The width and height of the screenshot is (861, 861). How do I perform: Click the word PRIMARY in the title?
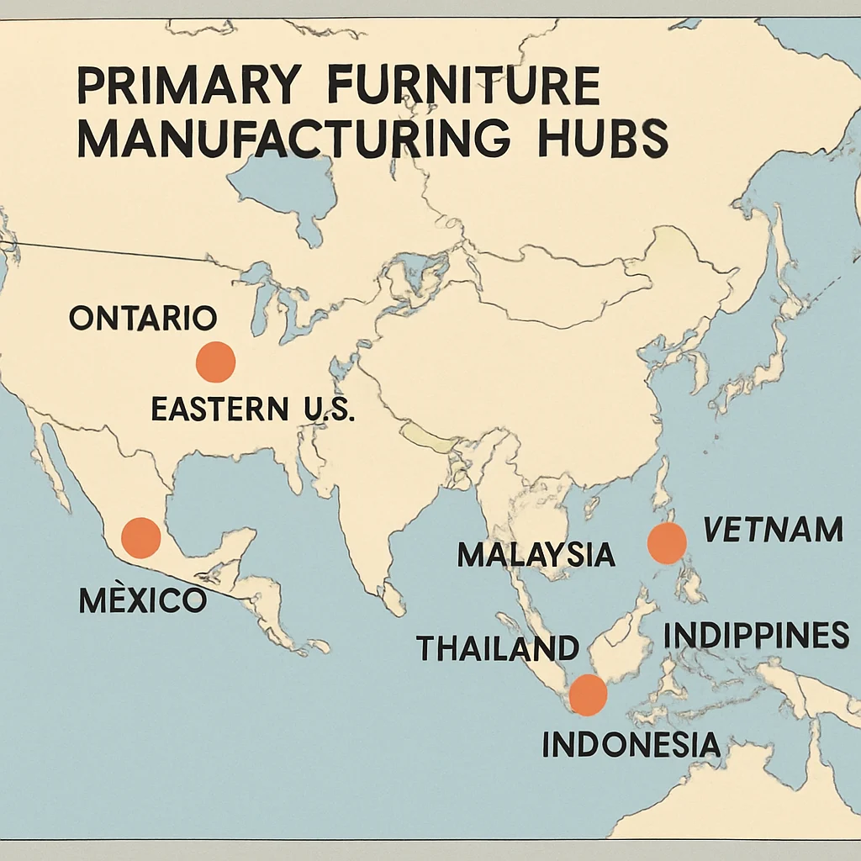pyautogui.click(x=188, y=87)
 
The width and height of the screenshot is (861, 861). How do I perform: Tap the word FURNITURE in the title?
pyautogui.click(x=462, y=87)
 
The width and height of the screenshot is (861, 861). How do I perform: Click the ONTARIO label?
pyautogui.click(x=143, y=318)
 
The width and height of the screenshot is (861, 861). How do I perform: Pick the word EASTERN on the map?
pyautogui.click(x=219, y=409)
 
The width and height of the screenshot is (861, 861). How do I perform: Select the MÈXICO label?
pyautogui.click(x=142, y=600)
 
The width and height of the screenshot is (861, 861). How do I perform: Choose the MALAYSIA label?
pyautogui.click(x=536, y=555)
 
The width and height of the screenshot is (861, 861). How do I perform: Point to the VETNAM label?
pyautogui.click(x=772, y=530)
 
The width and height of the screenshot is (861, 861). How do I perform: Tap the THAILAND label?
pyautogui.click(x=498, y=647)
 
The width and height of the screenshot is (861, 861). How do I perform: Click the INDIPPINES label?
pyautogui.click(x=756, y=636)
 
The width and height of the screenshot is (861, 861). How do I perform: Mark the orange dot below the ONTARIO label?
pyautogui.click(x=215, y=362)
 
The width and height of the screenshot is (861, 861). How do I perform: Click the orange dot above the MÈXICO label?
pyautogui.click(x=141, y=538)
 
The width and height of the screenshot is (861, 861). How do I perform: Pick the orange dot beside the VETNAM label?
pyautogui.click(x=667, y=543)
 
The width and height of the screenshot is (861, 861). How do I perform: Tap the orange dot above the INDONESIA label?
pyautogui.click(x=588, y=695)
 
